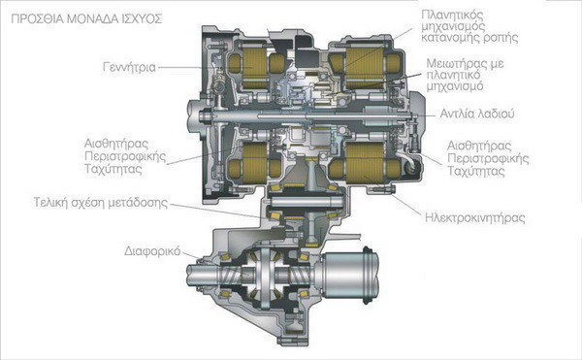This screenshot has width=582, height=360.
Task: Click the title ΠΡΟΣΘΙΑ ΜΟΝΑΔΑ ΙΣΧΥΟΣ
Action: [x=86, y=19]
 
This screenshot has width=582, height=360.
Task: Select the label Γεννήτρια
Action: [x=129, y=68]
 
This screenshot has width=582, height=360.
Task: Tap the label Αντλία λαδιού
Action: [x=477, y=114]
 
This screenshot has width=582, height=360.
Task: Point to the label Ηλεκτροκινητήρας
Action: [x=475, y=218]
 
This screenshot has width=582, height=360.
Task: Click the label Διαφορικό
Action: [x=152, y=251]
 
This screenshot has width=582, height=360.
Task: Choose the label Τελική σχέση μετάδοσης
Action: [x=101, y=203]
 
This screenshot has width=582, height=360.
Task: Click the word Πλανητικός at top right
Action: [x=452, y=16]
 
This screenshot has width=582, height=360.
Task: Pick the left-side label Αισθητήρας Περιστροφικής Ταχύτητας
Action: [x=125, y=156]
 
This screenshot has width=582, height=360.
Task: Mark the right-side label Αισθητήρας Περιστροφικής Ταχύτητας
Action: [x=488, y=158]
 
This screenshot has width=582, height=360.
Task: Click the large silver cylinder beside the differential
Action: [x=351, y=275]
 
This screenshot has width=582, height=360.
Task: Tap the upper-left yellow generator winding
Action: [x=254, y=64]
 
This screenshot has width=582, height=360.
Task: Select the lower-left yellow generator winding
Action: [x=254, y=163]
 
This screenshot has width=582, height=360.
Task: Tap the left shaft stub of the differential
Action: [x=204, y=275]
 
